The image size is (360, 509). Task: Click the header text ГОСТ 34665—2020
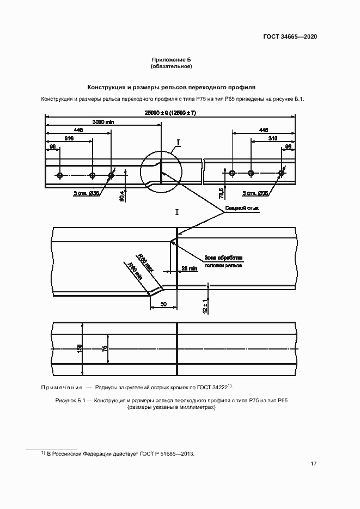(x=290, y=36)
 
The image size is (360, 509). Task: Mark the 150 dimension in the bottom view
(x=80, y=348)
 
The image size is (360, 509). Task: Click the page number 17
(x=313, y=464)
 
